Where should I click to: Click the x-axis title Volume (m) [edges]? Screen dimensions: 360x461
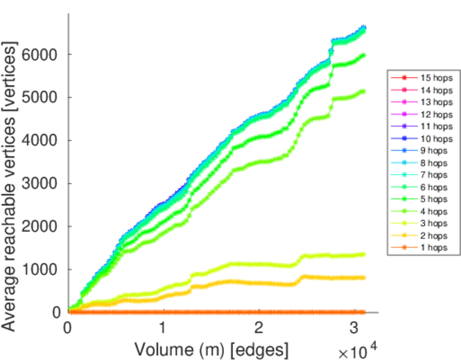pos(211,349)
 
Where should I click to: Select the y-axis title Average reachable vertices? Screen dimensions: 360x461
pos(10,186)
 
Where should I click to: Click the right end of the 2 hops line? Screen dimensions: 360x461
pos(364,277)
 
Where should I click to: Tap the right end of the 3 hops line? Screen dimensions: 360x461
pos(364,254)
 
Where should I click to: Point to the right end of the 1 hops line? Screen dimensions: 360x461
pos(364,312)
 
